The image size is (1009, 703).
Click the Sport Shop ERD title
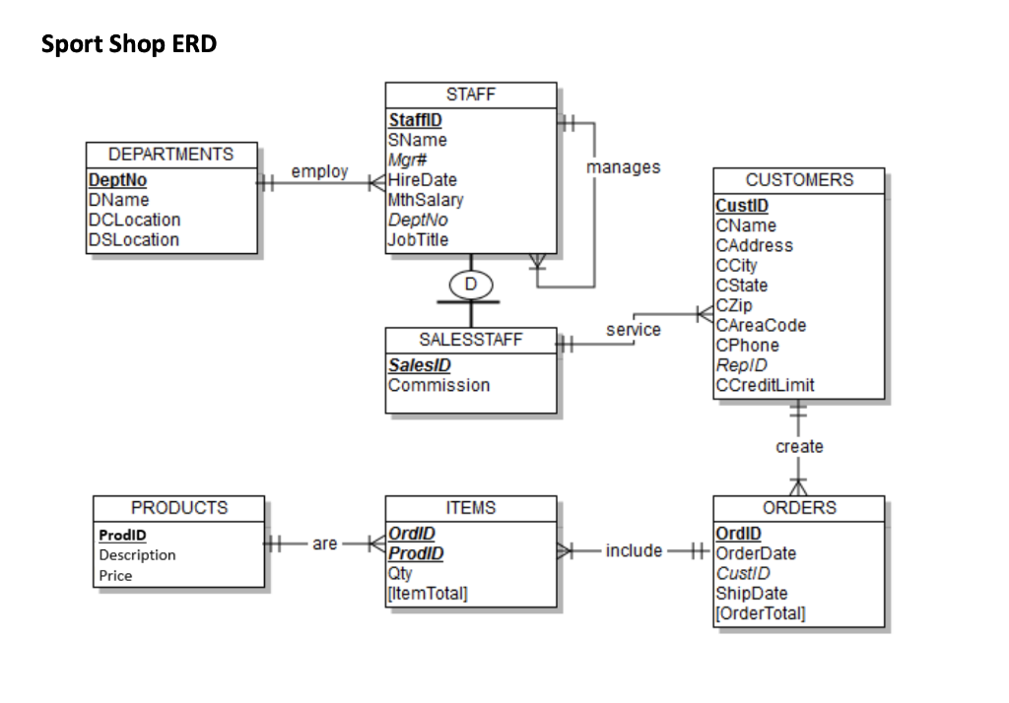129,43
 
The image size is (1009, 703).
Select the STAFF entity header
471,95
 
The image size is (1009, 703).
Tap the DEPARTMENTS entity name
171,155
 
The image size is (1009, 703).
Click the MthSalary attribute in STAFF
426,200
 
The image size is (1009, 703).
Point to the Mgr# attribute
407,160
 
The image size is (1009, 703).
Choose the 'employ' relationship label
319,171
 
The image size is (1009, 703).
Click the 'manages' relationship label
623,167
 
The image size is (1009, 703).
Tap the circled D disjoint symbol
471,285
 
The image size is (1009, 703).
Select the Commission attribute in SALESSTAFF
438,385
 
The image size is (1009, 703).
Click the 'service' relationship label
634,330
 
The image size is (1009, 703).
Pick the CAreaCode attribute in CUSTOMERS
761,326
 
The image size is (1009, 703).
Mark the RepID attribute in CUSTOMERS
741,365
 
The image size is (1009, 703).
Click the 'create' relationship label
799,446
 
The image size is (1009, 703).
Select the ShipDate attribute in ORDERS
752,594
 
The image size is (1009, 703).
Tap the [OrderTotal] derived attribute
760,613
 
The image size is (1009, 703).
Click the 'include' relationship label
634,550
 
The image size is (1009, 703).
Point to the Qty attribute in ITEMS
400,574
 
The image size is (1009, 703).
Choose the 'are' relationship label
325,544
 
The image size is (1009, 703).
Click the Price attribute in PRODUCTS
115,576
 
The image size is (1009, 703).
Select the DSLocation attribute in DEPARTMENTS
134,240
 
